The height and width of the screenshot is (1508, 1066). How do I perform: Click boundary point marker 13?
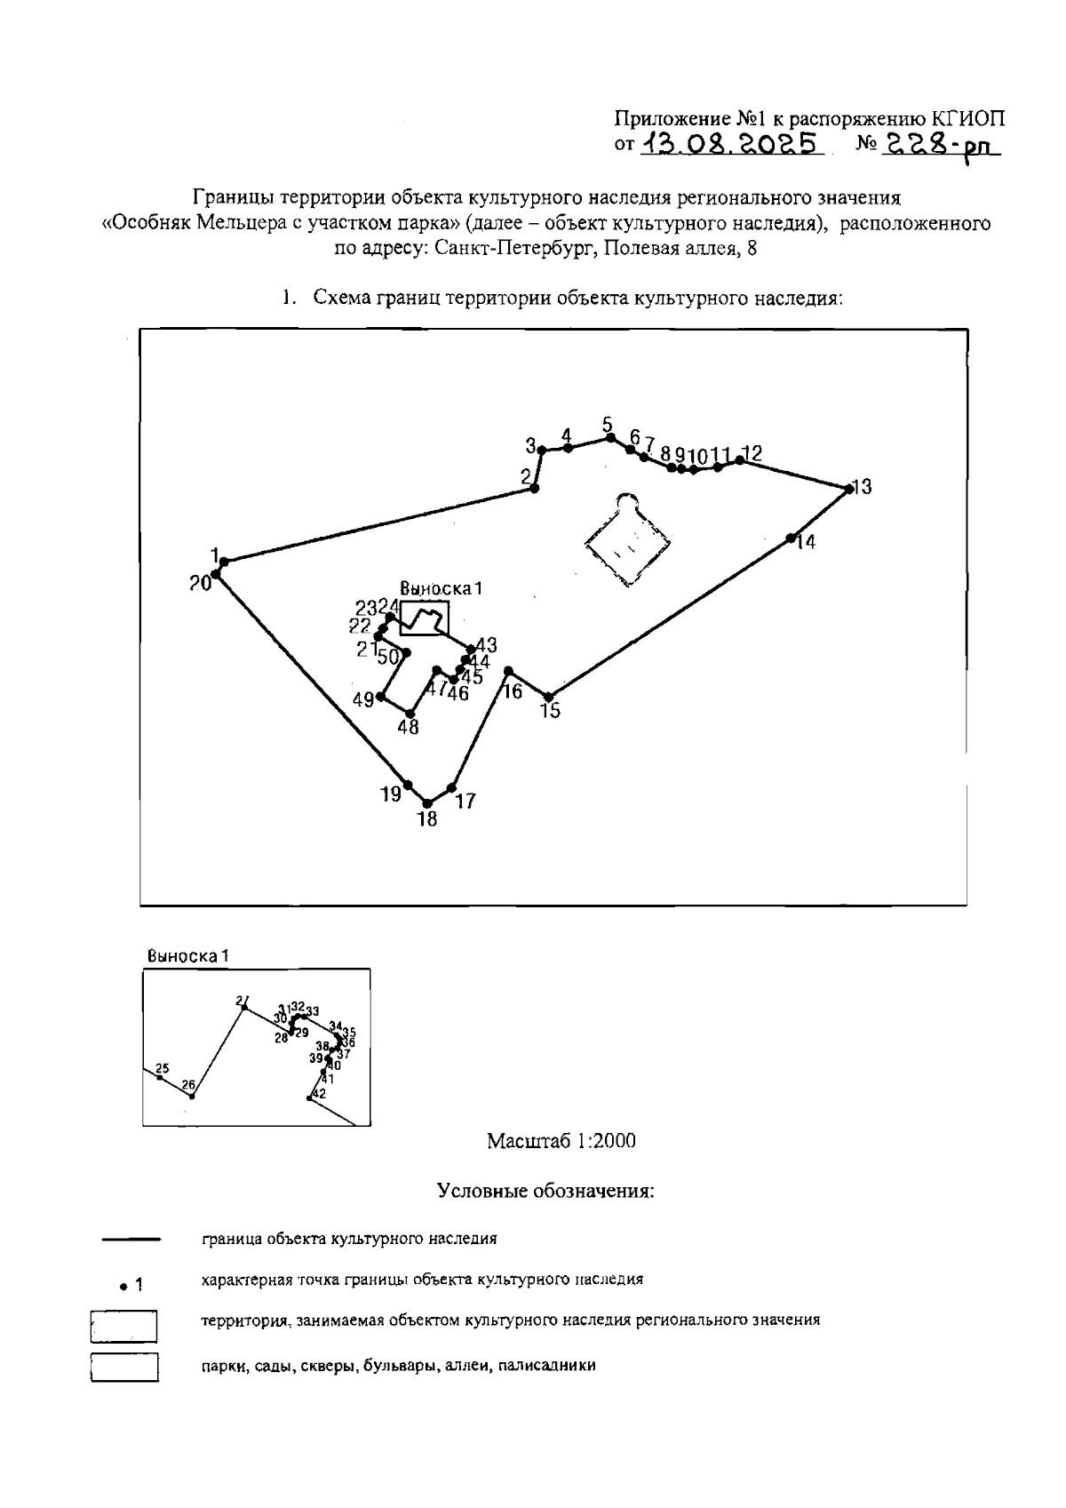847,487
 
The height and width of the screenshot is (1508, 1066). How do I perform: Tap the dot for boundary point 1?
224,562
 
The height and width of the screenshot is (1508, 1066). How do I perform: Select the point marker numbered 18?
428,803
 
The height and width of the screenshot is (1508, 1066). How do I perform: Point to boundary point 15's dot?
549,697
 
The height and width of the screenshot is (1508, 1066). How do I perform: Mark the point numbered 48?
410,713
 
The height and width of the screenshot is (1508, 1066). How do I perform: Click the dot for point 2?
533,488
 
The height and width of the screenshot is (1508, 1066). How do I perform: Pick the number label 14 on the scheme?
805,542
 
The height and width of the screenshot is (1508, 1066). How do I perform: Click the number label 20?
200,583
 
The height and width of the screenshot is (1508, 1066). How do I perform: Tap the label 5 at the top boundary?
608,425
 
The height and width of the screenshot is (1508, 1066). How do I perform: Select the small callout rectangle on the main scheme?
424,618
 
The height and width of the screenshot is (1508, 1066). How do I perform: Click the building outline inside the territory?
627,539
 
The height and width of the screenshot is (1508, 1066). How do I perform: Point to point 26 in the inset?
191,1097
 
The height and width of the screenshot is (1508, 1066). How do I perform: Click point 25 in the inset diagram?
159,1077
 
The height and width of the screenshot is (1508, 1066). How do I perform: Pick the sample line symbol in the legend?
131,1238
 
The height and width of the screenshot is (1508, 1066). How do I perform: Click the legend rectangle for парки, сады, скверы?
124,1367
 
